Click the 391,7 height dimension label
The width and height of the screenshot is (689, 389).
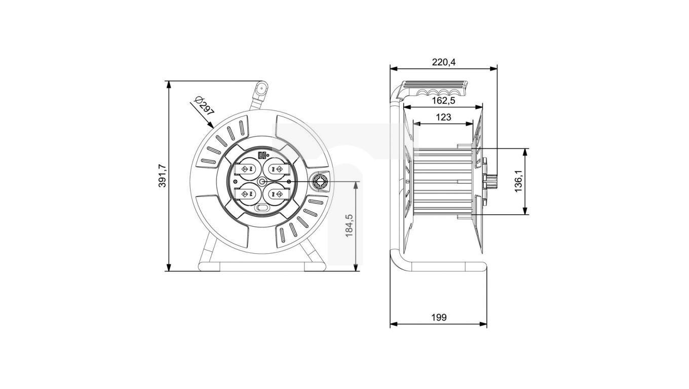coord(162,176)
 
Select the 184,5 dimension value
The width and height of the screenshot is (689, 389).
coord(349,226)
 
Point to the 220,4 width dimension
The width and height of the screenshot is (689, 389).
coord(444,62)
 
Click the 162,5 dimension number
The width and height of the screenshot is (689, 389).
coord(444,101)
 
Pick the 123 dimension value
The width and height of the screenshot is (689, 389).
coord(444,117)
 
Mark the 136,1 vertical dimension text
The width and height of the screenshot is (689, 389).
coord(519,181)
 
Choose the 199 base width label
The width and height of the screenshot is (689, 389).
coord(439,318)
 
